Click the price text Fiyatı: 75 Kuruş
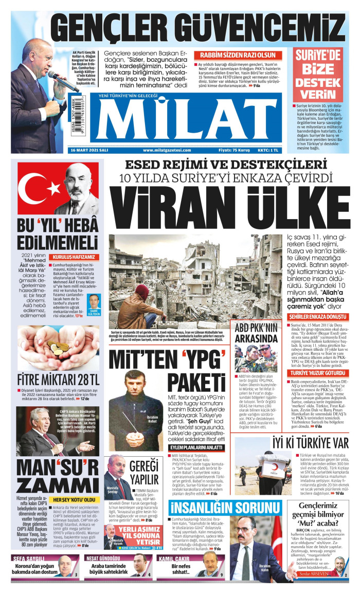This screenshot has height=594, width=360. [234, 150]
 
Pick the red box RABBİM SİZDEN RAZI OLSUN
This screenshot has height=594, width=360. [238, 55]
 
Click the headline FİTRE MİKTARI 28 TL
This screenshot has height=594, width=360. [58, 380]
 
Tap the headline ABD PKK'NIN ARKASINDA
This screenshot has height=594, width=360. [256, 333]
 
